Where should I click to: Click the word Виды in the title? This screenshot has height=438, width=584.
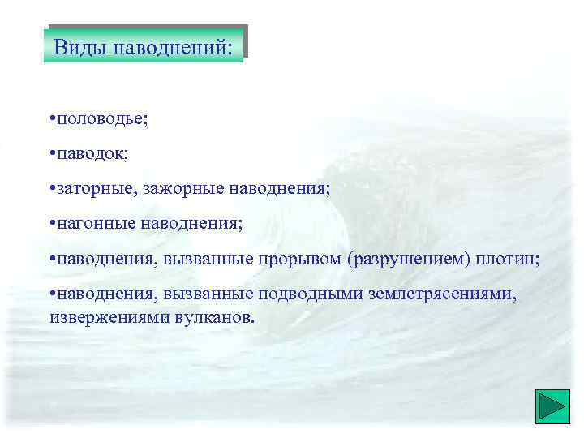tap(79, 46)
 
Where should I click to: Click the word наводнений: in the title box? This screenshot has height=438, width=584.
tap(177, 46)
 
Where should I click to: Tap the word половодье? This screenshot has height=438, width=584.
tap(101, 119)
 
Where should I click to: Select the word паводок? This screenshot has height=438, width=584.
tap(92, 154)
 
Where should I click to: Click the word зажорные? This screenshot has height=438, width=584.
tap(182, 189)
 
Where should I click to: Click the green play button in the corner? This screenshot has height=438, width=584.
tap(552, 407)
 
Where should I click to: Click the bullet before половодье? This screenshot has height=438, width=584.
tap(50, 119)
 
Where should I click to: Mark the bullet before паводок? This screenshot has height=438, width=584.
tap(50, 154)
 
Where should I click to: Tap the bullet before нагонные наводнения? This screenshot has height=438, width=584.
tap(50, 223)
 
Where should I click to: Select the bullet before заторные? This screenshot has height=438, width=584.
tap(50, 189)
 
